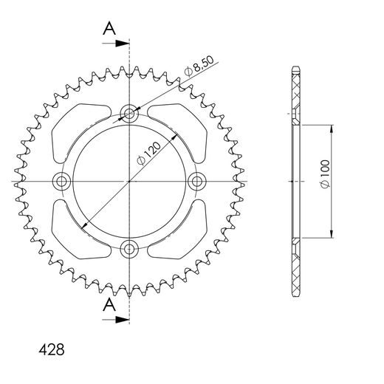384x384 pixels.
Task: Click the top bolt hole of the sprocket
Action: pos(129,114)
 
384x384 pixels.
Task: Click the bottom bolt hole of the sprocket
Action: pos(129,248)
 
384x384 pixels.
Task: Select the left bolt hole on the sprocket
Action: pos(62,181)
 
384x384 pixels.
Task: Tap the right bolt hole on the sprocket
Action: pos(196,181)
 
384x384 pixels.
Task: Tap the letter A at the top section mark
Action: pos(109,28)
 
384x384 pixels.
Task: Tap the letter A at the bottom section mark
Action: pos(109,304)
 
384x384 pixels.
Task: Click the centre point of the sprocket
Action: pos(129,181)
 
